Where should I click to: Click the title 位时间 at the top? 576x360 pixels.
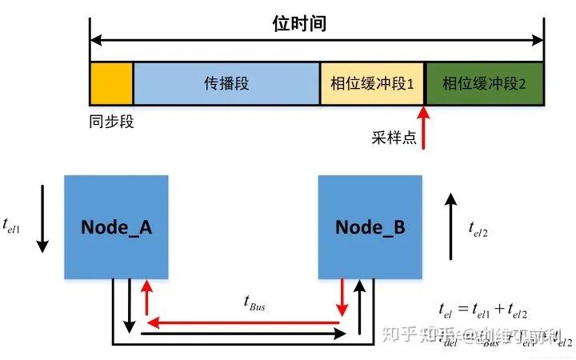299,23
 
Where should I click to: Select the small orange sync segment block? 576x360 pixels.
111,83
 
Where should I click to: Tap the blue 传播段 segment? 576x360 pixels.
226,83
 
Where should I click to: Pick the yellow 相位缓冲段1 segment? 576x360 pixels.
372,83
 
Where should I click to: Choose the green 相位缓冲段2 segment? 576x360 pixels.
484,83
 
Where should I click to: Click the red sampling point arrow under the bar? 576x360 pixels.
424,128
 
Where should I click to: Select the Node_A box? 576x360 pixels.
117,227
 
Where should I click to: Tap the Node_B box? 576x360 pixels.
370,227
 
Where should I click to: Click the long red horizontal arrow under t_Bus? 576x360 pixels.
244,323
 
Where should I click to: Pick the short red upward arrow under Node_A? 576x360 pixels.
146,297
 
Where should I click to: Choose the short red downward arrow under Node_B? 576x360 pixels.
342,297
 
